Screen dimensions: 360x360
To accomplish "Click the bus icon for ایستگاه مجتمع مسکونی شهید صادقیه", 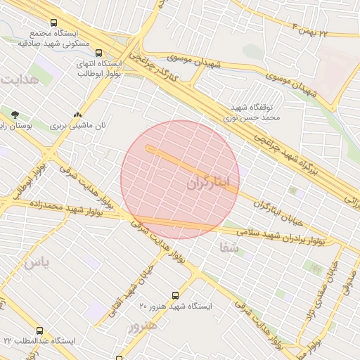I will [x=54, y=23].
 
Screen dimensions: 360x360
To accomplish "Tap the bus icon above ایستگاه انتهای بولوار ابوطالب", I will [x=98, y=53].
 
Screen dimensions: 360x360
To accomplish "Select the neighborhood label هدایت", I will [x=18, y=79].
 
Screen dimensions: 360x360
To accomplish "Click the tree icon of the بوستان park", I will [x=15, y=114].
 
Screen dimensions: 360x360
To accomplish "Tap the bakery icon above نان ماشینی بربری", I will [x=77, y=114].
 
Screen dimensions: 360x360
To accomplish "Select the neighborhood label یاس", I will [x=37, y=263].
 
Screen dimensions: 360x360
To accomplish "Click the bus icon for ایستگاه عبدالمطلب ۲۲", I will [x=39, y=330].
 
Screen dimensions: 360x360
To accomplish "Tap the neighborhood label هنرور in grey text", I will [x=143, y=326].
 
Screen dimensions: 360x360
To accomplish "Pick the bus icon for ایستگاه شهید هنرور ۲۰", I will [x=175, y=296].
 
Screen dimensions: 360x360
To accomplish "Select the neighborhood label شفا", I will [x=229, y=248].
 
